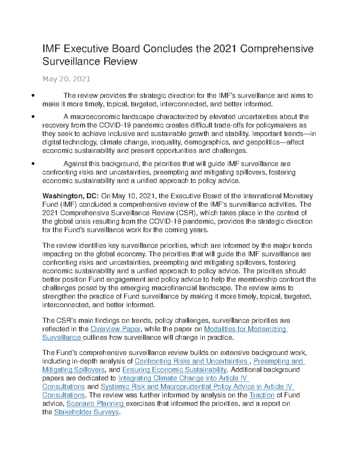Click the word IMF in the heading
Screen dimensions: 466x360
(51, 49)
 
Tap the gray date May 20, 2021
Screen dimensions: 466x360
(66, 79)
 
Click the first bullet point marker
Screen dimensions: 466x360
(33, 96)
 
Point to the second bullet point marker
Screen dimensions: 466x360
(33, 117)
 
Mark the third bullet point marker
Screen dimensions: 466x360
(33, 164)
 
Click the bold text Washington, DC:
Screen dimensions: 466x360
(70, 196)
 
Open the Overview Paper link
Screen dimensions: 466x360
(115, 329)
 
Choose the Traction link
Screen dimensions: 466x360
(262, 395)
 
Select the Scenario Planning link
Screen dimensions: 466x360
(95, 404)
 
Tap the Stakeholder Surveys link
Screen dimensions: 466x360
(86, 412)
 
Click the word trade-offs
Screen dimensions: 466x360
(229, 125)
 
